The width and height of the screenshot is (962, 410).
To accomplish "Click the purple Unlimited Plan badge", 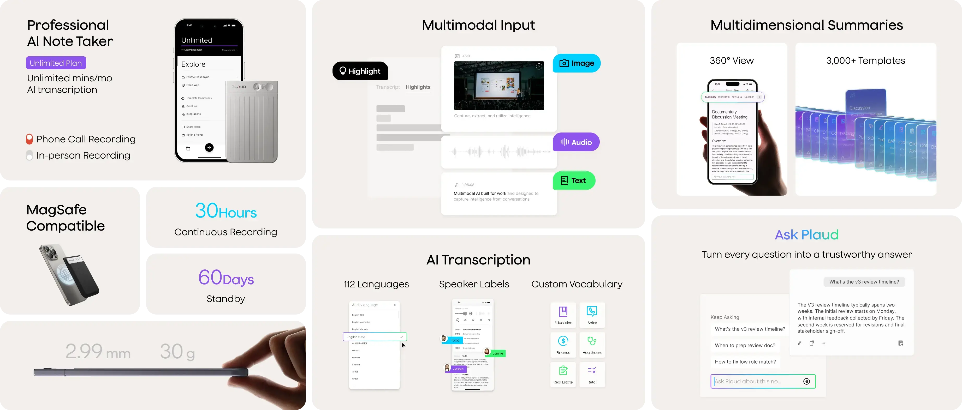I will tap(56, 63).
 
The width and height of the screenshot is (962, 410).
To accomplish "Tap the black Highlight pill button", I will tap(360, 71).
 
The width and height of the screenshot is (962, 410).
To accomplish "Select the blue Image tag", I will tap(576, 63).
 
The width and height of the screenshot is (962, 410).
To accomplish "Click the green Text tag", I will tap(574, 180).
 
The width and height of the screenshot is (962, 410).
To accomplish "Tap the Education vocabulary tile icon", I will tap(563, 311).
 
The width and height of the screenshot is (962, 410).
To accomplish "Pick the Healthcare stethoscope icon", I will tap(592, 341).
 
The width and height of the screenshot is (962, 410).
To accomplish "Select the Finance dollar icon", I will tap(563, 341).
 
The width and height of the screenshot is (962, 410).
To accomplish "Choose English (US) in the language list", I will tap(375, 336).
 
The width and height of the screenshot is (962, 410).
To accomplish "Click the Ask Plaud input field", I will tap(758, 381).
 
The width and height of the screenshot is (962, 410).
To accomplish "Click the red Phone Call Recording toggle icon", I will tap(29, 139).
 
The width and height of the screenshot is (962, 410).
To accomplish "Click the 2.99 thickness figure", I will tap(84, 351).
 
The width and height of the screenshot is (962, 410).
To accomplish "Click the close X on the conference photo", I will tap(539, 67).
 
